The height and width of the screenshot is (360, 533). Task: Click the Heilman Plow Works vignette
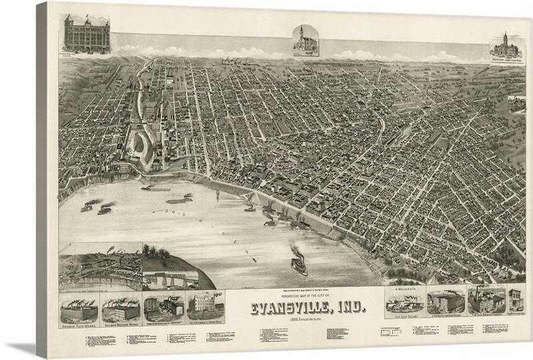click(x=79, y=310)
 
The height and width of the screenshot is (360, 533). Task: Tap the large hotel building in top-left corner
click(x=87, y=35)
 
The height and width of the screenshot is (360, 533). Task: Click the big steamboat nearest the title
click(x=299, y=262)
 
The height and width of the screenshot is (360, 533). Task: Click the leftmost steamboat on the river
click(x=87, y=207)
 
